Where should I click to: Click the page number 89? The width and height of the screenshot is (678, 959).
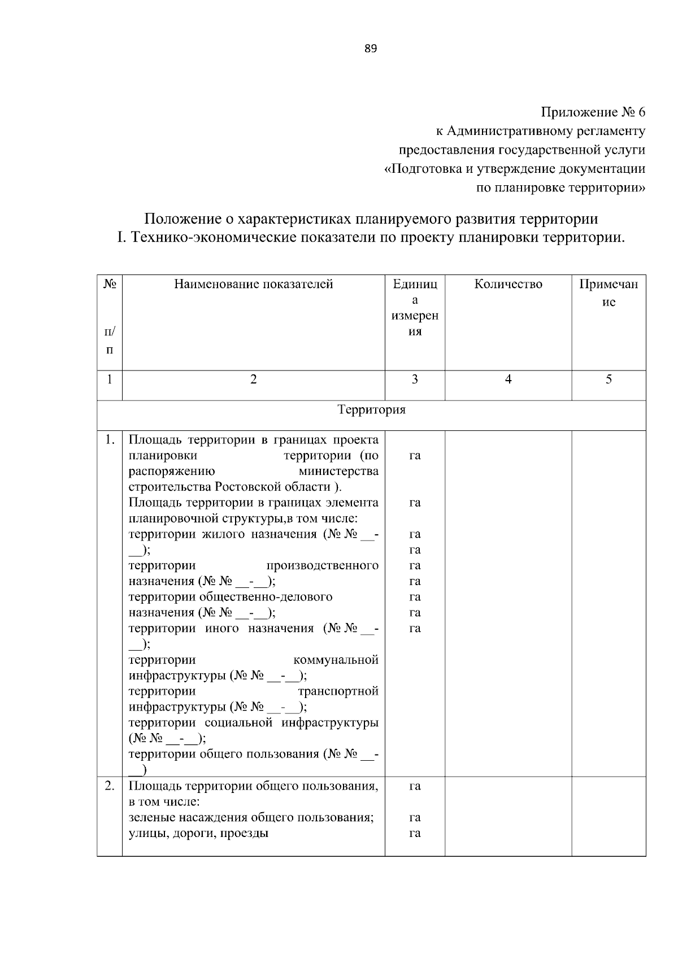tap(370, 49)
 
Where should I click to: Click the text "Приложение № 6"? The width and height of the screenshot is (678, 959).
tap(593, 112)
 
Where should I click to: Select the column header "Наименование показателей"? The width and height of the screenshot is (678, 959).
tap(253, 284)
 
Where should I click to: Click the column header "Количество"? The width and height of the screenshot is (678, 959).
tap(508, 284)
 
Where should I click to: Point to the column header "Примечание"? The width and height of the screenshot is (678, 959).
tap(609, 293)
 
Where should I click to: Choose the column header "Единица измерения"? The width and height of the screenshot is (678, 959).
tap(415, 307)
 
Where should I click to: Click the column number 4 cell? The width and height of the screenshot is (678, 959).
tap(508, 380)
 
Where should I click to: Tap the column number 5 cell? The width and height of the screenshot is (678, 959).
tap(609, 380)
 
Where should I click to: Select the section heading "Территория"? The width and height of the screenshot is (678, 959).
tap(371, 409)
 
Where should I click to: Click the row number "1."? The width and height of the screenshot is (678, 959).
tap(110, 439)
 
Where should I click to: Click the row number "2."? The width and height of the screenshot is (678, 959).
tap(110, 786)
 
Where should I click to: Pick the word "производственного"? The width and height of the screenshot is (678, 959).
tap(321, 565)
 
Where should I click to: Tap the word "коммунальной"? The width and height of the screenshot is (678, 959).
tap(336, 660)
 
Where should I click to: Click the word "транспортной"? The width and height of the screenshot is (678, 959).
tap(338, 691)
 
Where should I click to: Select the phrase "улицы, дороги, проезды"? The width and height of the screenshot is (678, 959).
tap(198, 833)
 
